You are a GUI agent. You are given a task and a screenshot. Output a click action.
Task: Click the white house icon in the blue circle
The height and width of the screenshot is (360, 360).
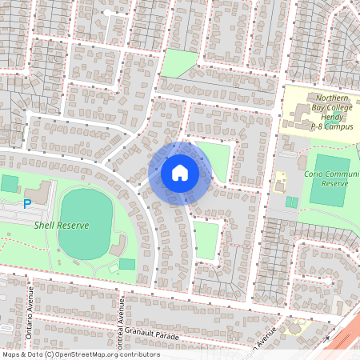pos(180,173)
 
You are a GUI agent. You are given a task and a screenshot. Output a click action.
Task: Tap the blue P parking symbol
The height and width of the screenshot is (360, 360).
pos(26,205)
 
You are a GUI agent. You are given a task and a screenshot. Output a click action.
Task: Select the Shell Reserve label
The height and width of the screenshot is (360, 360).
pos(61,226)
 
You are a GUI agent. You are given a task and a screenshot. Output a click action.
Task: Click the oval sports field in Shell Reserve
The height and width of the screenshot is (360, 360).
pos(86,223)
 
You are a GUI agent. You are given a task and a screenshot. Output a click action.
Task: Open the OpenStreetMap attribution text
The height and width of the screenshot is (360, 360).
pos(81,354)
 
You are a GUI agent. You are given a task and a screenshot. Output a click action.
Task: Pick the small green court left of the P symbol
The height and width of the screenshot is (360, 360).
pos(9,183)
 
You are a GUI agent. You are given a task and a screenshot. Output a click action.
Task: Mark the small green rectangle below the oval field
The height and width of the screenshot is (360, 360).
pos(127,264)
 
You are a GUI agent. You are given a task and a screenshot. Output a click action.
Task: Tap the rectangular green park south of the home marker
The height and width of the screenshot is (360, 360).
pos(206,241)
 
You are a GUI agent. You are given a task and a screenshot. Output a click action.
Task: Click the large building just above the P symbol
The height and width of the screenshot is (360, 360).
pos(40,191)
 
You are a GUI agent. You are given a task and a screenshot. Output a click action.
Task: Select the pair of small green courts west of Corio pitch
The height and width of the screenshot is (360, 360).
pos(291,202)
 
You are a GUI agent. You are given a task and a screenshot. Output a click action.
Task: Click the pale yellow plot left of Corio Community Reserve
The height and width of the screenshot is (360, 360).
pos(280,182)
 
